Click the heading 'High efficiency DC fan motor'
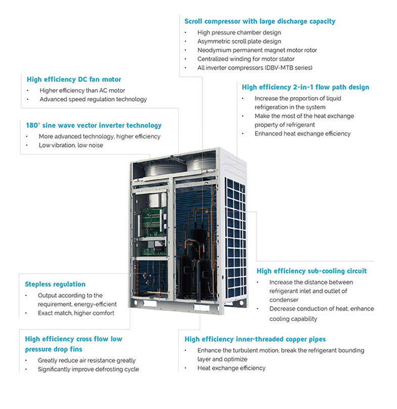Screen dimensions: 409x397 74,79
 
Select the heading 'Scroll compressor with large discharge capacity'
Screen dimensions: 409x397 259,21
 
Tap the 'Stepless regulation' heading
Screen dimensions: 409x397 55,284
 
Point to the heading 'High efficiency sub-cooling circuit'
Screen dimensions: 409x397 312,271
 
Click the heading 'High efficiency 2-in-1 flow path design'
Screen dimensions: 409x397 305,87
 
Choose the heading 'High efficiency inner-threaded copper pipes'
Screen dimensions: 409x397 255,339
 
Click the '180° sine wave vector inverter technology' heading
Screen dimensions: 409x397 94,125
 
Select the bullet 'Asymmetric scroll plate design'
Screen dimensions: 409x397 239,42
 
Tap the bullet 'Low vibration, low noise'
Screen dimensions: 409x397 71,145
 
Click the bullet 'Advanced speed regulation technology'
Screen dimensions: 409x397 93,99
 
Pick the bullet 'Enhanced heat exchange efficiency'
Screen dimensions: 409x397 302,134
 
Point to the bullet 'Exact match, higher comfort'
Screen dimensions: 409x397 76,313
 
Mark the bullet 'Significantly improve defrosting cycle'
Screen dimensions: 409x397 89,369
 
